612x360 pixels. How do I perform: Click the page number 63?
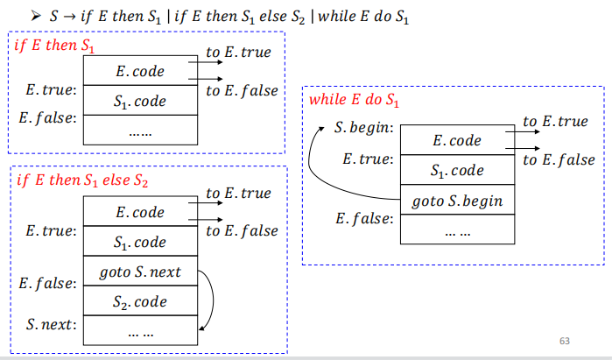pyautogui.click(x=563, y=340)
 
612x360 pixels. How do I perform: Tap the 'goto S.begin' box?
pyautogui.click(x=457, y=201)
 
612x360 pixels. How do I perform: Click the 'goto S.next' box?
pyautogui.click(x=140, y=272)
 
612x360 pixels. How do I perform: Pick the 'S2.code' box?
pyautogui.click(x=140, y=302)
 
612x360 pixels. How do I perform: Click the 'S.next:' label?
pyautogui.click(x=52, y=325)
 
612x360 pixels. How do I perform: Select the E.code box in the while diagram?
pyautogui.click(x=457, y=140)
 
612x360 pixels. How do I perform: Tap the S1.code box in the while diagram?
pyautogui.click(x=457, y=171)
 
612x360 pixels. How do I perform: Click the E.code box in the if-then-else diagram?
pyautogui.click(x=140, y=212)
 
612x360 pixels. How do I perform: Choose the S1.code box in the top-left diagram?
pyautogui.click(x=140, y=102)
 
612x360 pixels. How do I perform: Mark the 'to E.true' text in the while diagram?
pyautogui.click(x=555, y=122)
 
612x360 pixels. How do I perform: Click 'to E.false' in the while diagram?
pyautogui.click(x=559, y=159)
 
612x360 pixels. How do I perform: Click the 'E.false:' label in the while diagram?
pyautogui.click(x=364, y=218)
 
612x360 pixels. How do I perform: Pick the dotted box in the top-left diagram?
pyautogui.click(x=140, y=133)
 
